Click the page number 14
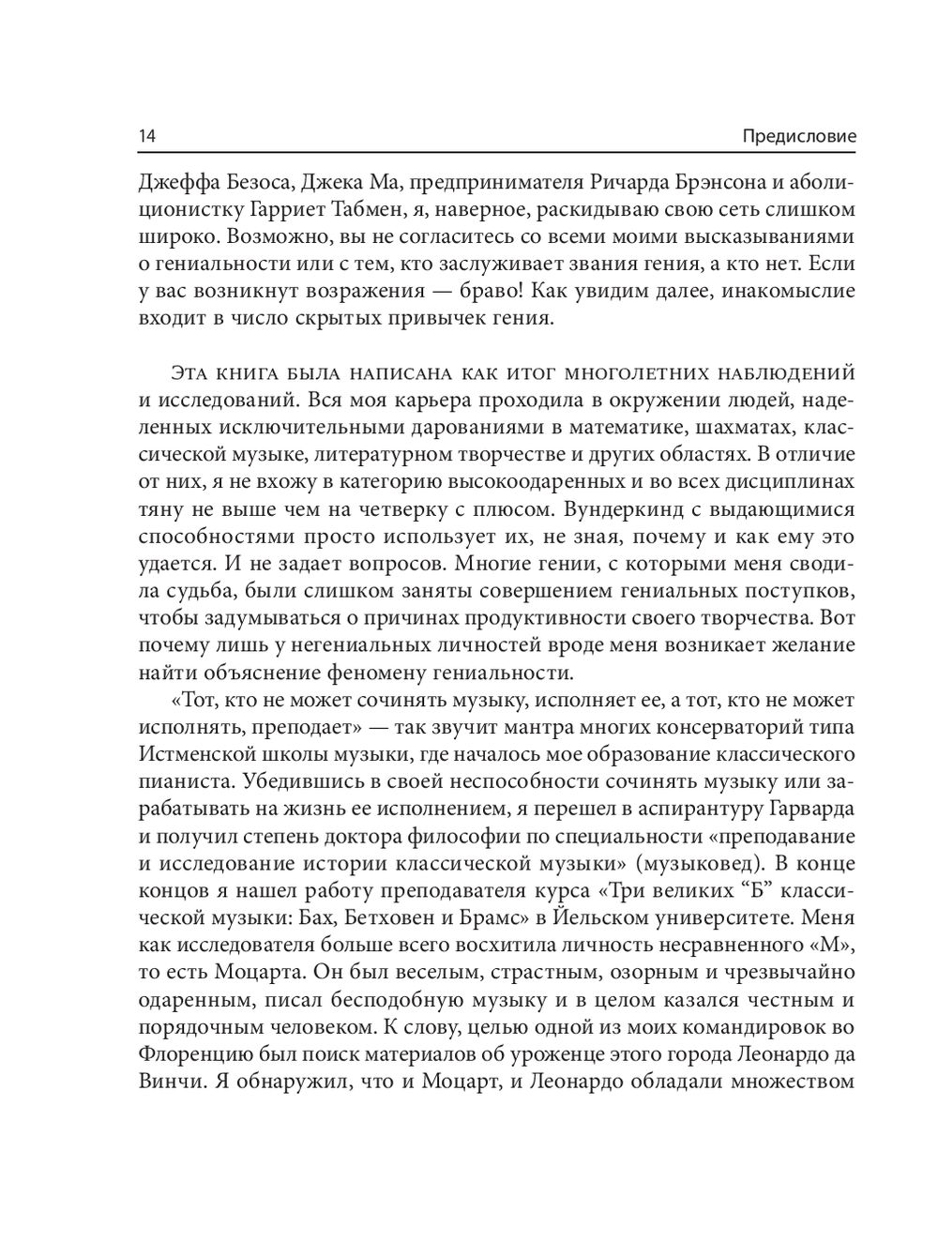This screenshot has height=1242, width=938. [x=146, y=136]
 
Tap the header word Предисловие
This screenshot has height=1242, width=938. [x=799, y=136]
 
